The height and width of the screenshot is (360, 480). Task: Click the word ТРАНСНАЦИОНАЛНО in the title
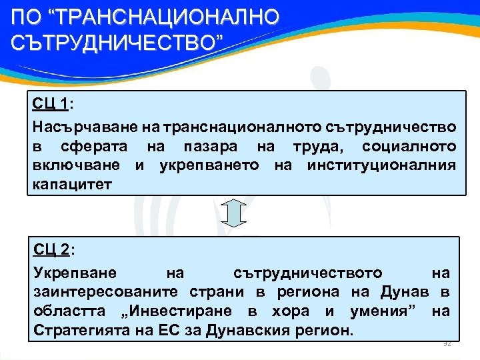163,16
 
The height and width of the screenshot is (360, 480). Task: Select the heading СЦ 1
51,104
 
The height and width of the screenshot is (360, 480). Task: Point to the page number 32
447,343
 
